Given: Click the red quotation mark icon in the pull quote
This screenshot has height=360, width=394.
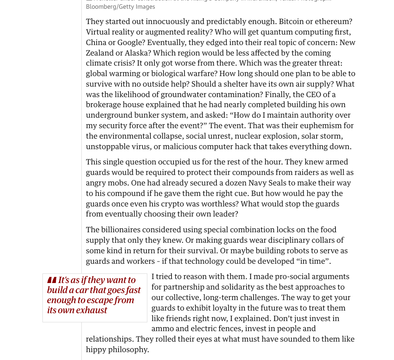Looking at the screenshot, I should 52,280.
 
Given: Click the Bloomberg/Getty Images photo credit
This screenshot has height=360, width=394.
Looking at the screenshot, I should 120,7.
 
